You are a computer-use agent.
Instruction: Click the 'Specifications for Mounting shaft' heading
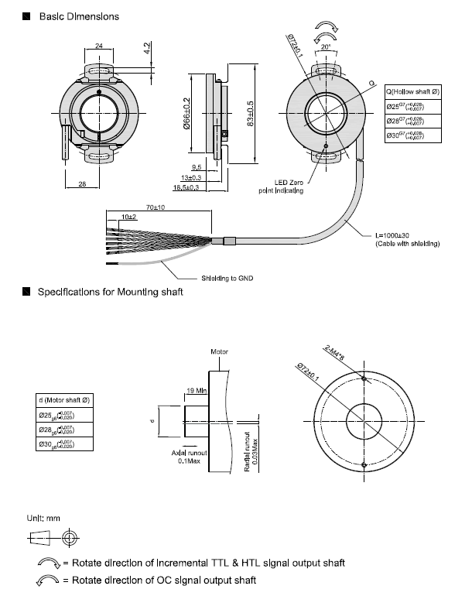[x=111, y=293]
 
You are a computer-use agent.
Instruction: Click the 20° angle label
[x=326, y=48]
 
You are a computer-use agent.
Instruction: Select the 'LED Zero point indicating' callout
[x=284, y=186]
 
